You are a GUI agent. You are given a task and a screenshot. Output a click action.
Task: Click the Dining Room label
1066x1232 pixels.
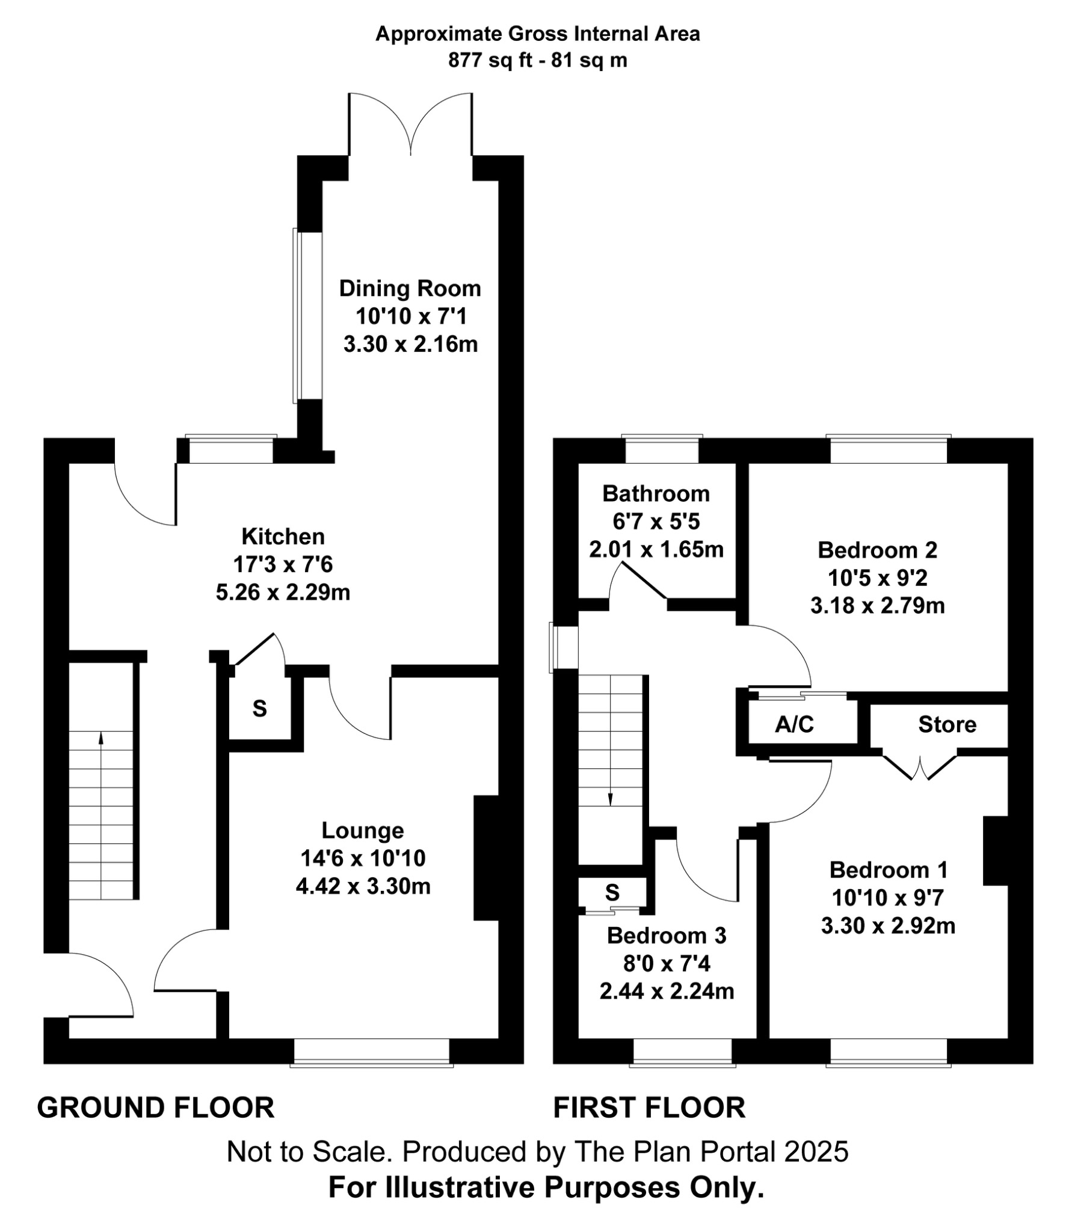410,289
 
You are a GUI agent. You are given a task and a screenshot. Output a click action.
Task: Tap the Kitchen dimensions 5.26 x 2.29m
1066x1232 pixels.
283,593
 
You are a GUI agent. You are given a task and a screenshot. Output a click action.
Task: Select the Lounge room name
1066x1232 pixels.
363,830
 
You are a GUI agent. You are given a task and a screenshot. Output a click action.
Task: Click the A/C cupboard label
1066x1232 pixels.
794,724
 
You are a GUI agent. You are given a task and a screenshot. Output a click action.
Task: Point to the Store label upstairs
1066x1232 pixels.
947,724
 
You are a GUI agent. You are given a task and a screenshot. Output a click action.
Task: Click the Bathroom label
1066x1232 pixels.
656,493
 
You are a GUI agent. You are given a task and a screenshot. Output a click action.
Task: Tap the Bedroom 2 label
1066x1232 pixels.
877,550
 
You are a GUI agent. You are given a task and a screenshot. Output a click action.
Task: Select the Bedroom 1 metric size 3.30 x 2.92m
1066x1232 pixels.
888,925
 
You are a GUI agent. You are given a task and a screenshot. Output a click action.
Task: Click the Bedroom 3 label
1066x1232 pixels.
667,935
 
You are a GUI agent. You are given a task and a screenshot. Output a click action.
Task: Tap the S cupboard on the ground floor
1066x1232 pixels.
259,709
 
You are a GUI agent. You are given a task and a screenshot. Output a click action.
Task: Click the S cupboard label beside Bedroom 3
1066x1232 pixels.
612,893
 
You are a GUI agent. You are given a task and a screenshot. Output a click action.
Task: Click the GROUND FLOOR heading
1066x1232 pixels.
156,1108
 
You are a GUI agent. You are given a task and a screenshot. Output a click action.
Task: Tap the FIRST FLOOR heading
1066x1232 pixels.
649,1108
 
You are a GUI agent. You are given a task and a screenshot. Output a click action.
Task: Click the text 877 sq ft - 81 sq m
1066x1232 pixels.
537,60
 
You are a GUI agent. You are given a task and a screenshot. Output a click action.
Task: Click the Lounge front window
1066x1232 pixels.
371,1052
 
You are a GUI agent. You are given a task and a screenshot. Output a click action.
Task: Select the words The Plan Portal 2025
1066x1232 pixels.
711,1151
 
